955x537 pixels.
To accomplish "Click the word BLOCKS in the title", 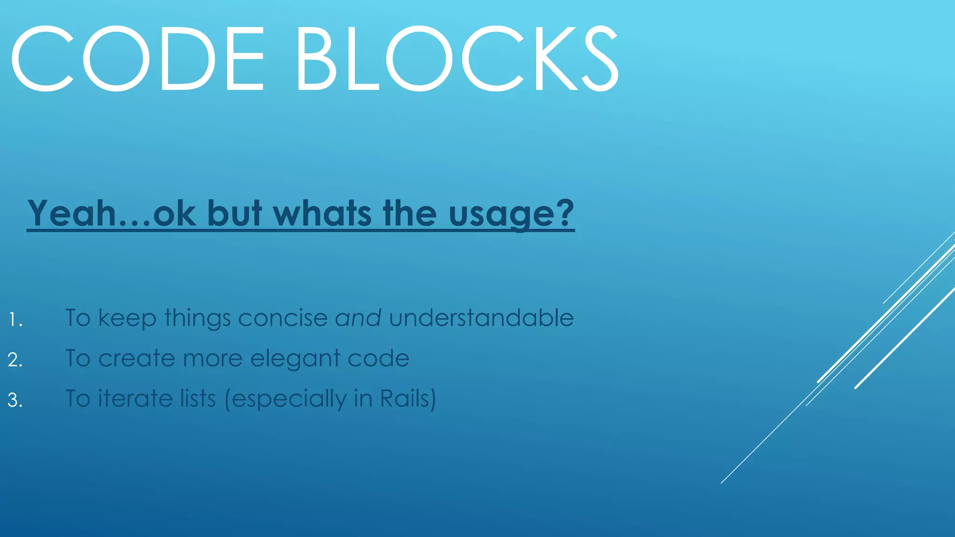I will tap(457, 59).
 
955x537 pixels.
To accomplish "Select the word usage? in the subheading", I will tap(511, 213).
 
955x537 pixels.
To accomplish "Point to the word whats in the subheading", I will tap(322, 213).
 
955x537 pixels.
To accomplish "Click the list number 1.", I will tap(15, 320).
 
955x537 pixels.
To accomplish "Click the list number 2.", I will tap(15, 360).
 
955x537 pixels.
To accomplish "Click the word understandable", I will tap(481, 318).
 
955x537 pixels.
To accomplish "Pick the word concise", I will tap(283, 318).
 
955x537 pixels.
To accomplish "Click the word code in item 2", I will tap(378, 358).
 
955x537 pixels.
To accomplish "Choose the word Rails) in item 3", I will tap(408, 399).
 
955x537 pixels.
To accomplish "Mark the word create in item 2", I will tap(136, 358).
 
